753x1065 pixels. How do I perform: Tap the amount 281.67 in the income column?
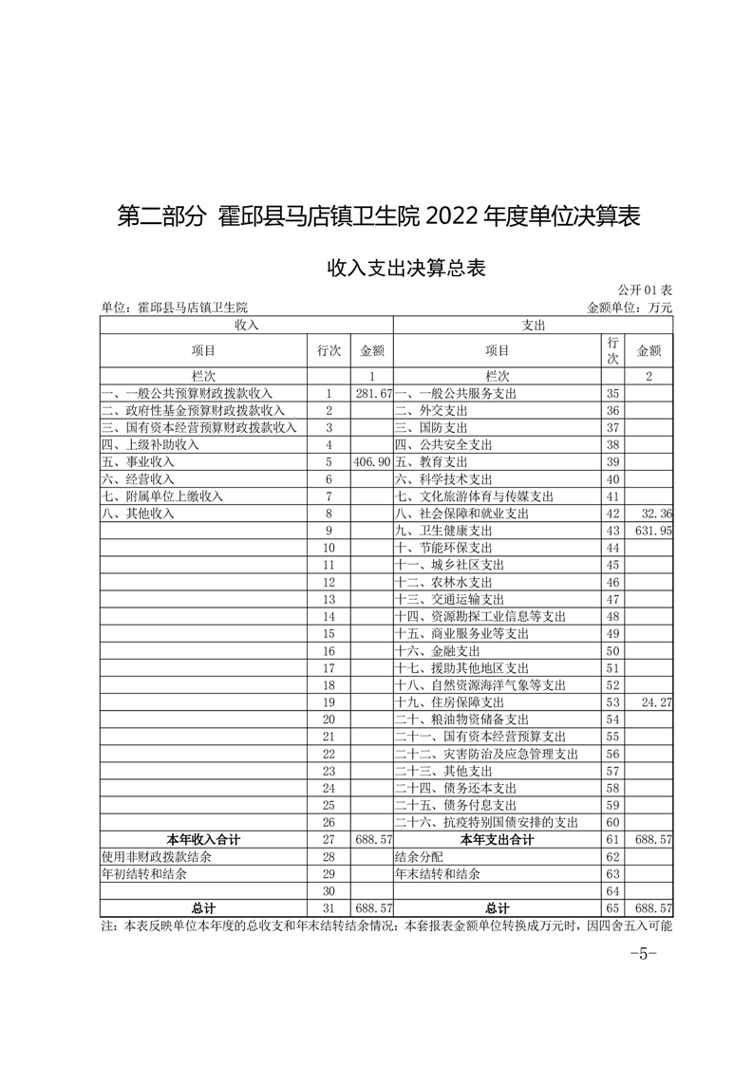[373, 393]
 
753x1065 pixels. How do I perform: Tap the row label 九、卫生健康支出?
[443, 530]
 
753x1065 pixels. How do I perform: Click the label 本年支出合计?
[497, 840]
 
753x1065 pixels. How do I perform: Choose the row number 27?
[329, 840]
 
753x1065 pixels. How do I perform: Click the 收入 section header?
[246, 325]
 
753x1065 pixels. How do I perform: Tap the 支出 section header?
[533, 325]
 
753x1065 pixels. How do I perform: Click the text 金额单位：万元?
[630, 308]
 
